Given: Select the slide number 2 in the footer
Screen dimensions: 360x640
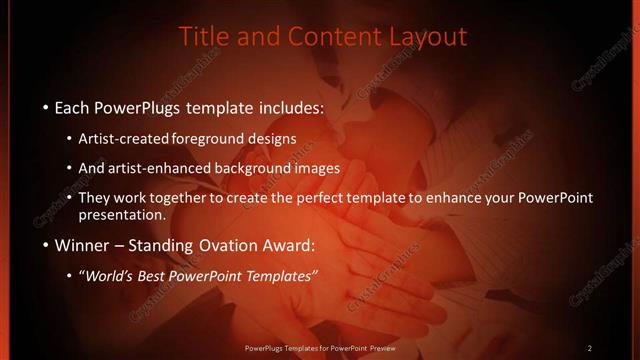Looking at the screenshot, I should pyautogui.click(x=590, y=348).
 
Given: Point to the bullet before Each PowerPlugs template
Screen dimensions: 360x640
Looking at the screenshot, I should pyautogui.click(x=45, y=106).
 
